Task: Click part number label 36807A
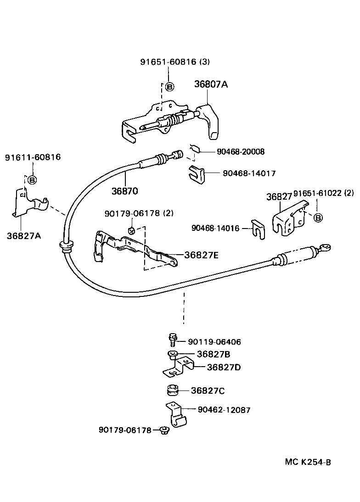[x=211, y=84]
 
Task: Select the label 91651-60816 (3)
[x=175, y=61]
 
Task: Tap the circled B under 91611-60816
[x=32, y=180]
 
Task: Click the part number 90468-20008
[x=238, y=151]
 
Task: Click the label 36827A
[x=24, y=235]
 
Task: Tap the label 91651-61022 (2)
[x=324, y=193]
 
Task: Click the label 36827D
[x=224, y=367]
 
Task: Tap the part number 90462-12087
[x=224, y=410]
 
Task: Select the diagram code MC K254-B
[x=308, y=461]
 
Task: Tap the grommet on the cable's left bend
[x=67, y=246]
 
